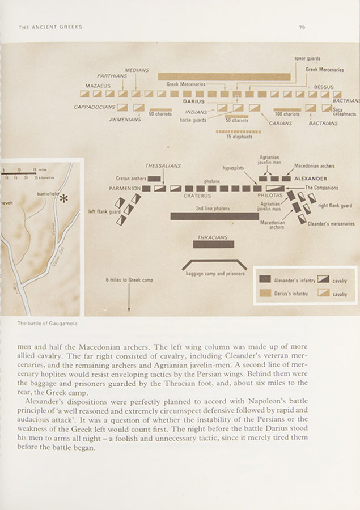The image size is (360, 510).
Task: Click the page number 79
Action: (302, 27)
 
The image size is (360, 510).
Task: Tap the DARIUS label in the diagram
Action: (193, 101)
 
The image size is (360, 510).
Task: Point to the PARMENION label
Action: (125, 188)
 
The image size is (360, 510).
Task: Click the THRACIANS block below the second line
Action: (213, 244)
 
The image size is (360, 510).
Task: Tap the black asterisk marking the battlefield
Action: (64, 198)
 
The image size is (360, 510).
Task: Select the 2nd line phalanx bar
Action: (214, 216)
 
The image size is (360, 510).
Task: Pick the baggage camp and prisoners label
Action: (215, 273)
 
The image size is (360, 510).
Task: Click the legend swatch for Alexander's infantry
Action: (265, 279)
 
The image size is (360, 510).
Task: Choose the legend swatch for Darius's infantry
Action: (265, 293)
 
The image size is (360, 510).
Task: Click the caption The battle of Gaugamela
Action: (47, 324)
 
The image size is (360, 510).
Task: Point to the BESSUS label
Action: (324, 87)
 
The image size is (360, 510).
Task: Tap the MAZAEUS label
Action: (98, 86)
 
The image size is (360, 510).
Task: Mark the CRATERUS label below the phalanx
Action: (197, 195)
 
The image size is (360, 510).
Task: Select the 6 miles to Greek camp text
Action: (129, 279)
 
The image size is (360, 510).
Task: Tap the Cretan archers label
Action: (131, 178)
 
